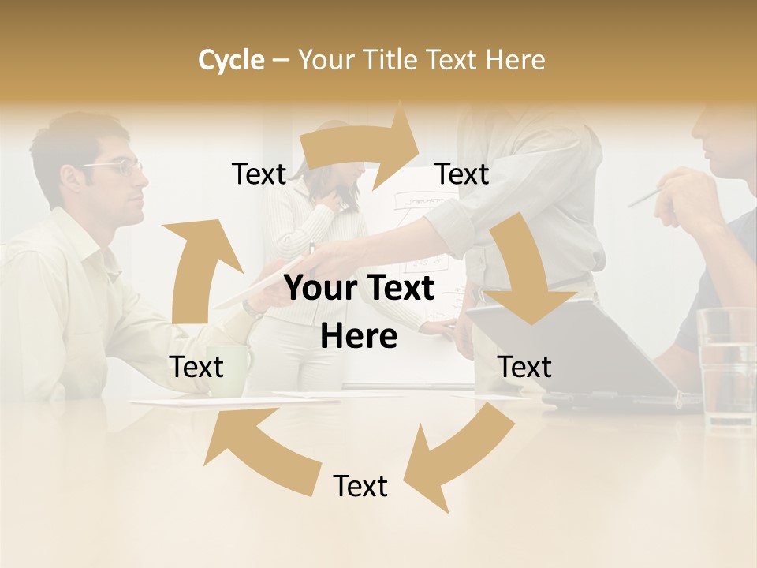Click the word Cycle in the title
pos(231,60)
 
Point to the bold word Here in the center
pos(359,337)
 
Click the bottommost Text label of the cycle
pos(360,486)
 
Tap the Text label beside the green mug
pos(196,367)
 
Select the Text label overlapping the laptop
pos(524,367)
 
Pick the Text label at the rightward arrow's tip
pos(462,174)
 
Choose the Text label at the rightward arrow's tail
pos(259,174)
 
